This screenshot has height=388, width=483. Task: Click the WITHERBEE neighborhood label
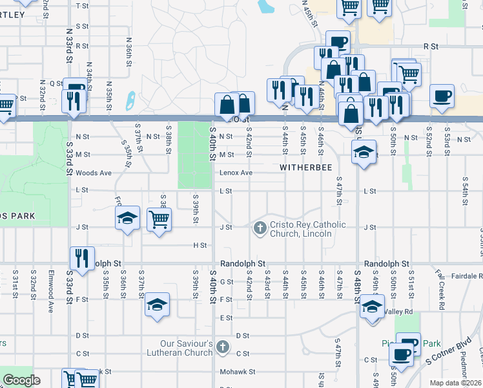(305, 167)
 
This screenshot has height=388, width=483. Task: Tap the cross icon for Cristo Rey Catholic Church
(260, 227)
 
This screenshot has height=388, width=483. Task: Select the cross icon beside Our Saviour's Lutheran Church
(223, 347)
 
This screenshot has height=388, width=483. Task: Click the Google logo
(22, 380)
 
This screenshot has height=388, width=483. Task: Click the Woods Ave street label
(94, 173)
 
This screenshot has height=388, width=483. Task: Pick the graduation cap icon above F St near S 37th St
(156, 305)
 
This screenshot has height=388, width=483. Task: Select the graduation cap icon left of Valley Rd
(371, 306)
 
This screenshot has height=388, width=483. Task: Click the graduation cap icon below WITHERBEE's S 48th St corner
(364, 153)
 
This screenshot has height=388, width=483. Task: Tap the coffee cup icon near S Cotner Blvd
(402, 354)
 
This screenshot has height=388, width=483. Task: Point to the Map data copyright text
(455, 383)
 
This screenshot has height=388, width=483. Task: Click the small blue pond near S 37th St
(130, 100)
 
